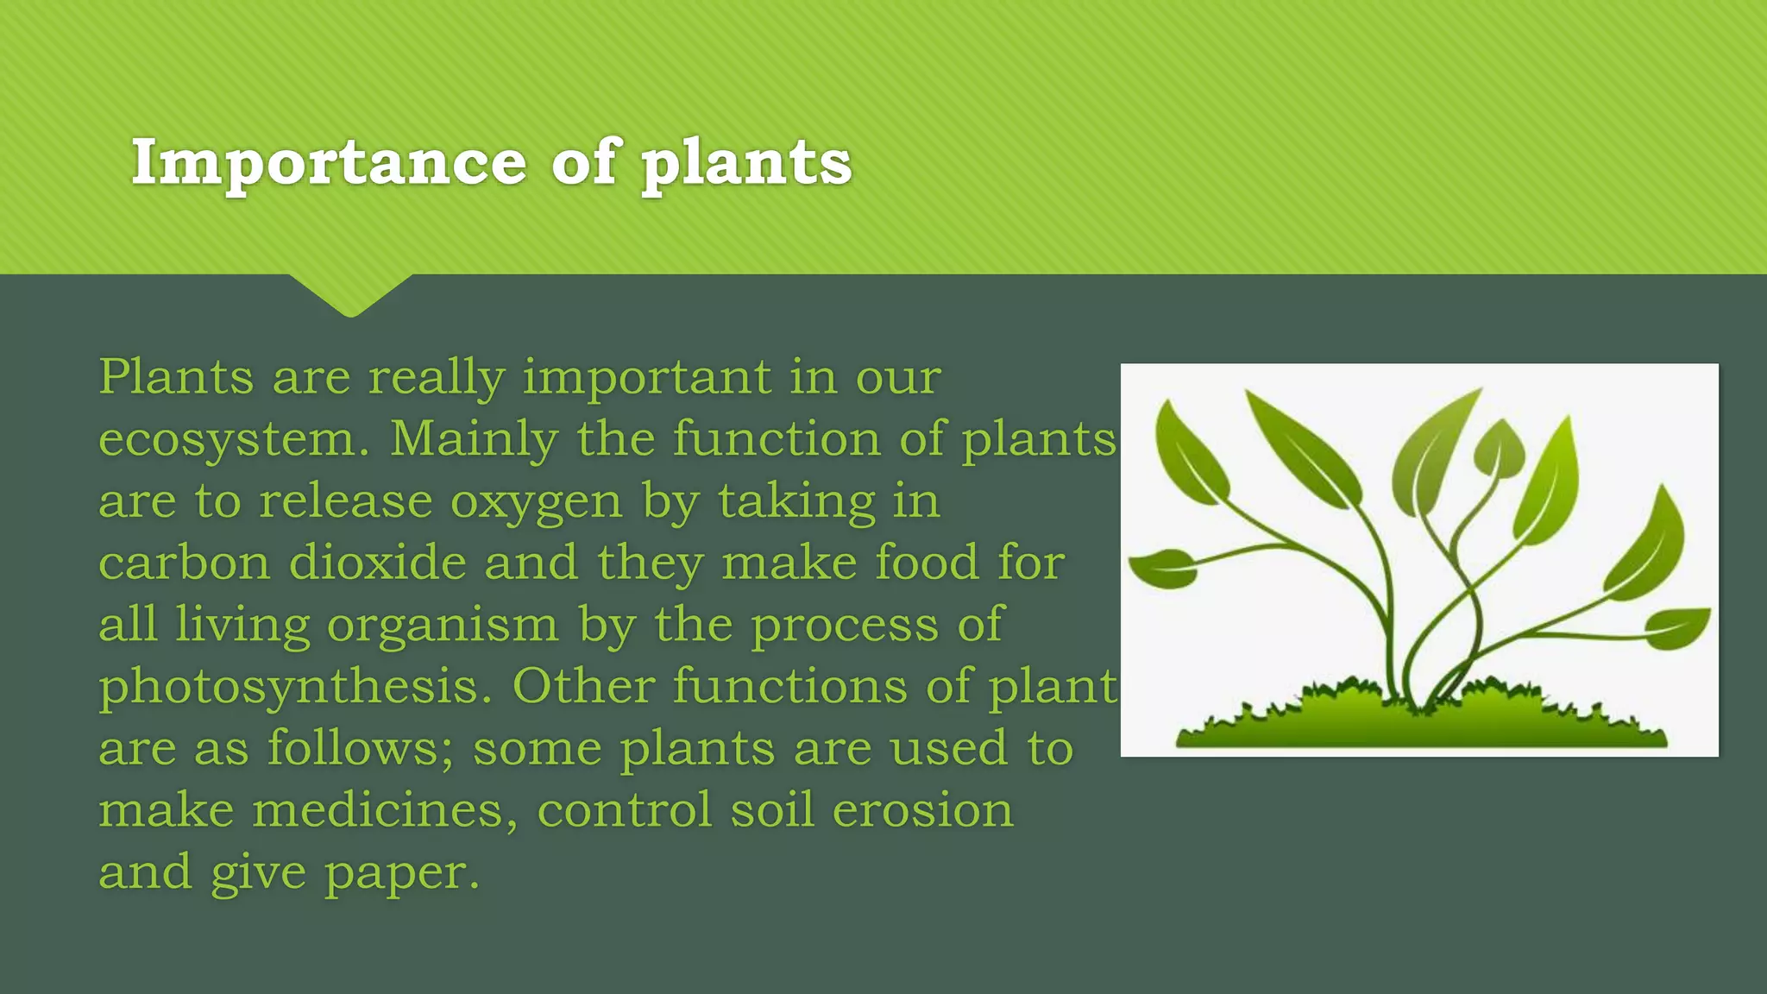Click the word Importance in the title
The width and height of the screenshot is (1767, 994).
(x=329, y=163)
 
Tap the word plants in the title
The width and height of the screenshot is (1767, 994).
(x=745, y=163)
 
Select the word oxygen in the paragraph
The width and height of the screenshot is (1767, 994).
(x=536, y=502)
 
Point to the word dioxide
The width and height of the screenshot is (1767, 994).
(x=376, y=563)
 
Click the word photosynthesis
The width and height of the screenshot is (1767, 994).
(x=295, y=688)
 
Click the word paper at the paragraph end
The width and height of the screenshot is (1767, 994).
(x=401, y=873)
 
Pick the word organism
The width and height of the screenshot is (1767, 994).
(x=443, y=625)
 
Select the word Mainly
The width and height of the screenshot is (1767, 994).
(x=474, y=440)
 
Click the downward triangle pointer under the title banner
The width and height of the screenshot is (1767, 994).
(x=350, y=295)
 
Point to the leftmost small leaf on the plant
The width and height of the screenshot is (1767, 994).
(x=1163, y=569)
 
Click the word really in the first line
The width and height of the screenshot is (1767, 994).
(x=436, y=378)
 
